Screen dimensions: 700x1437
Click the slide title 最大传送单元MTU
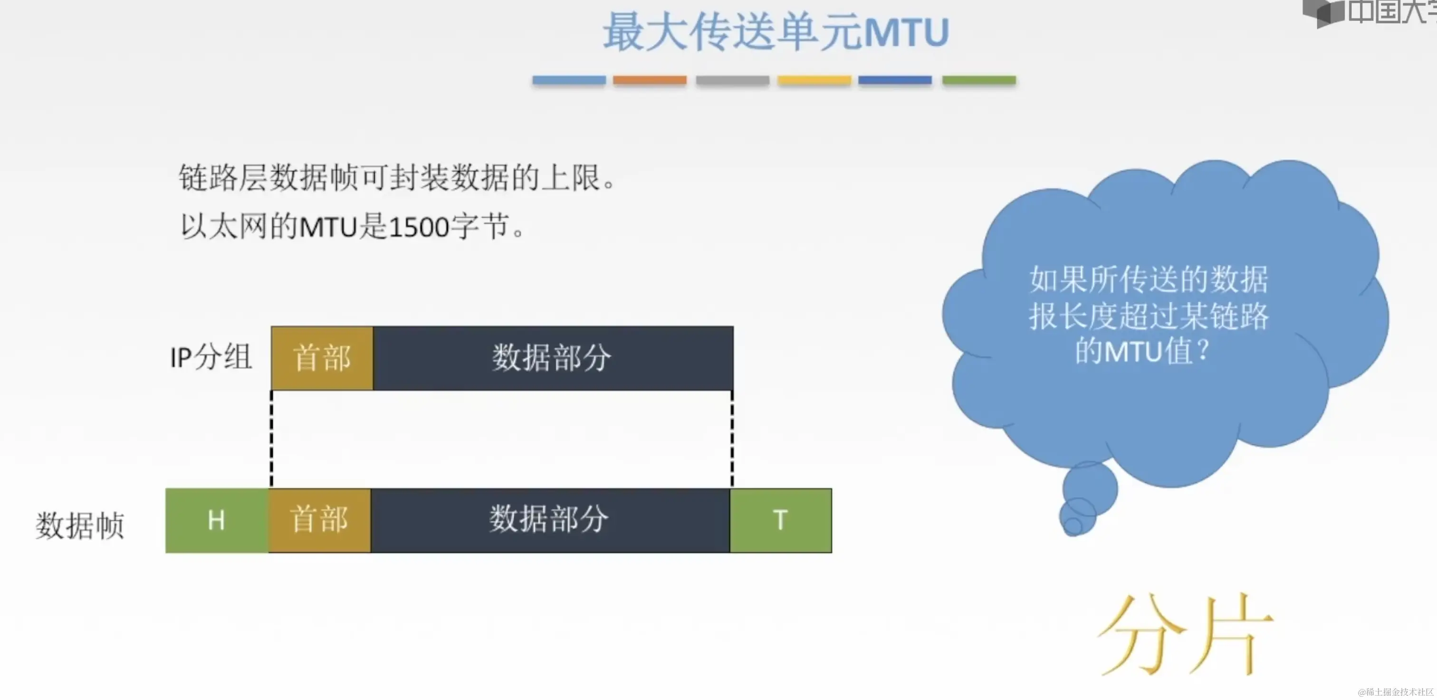[x=776, y=32]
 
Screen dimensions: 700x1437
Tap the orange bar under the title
[x=649, y=80]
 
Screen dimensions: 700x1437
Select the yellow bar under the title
[x=814, y=80]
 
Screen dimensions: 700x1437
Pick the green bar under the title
[x=979, y=80]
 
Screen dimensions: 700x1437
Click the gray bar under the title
[x=732, y=80]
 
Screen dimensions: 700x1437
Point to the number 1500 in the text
[x=418, y=228]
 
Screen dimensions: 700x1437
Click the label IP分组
[x=211, y=357]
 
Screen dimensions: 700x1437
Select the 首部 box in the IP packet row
[x=322, y=358]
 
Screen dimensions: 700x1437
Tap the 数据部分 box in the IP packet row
[x=552, y=358]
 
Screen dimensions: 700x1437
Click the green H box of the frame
[x=216, y=520]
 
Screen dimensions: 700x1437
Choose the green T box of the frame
[x=780, y=520]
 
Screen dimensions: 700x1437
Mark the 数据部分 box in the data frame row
[x=549, y=520]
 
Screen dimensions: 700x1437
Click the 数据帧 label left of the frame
[x=80, y=526]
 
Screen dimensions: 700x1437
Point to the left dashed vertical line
[x=272, y=439]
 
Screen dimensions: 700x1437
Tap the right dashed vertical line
[x=732, y=439]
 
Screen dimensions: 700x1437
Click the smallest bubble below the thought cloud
[x=1072, y=526]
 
